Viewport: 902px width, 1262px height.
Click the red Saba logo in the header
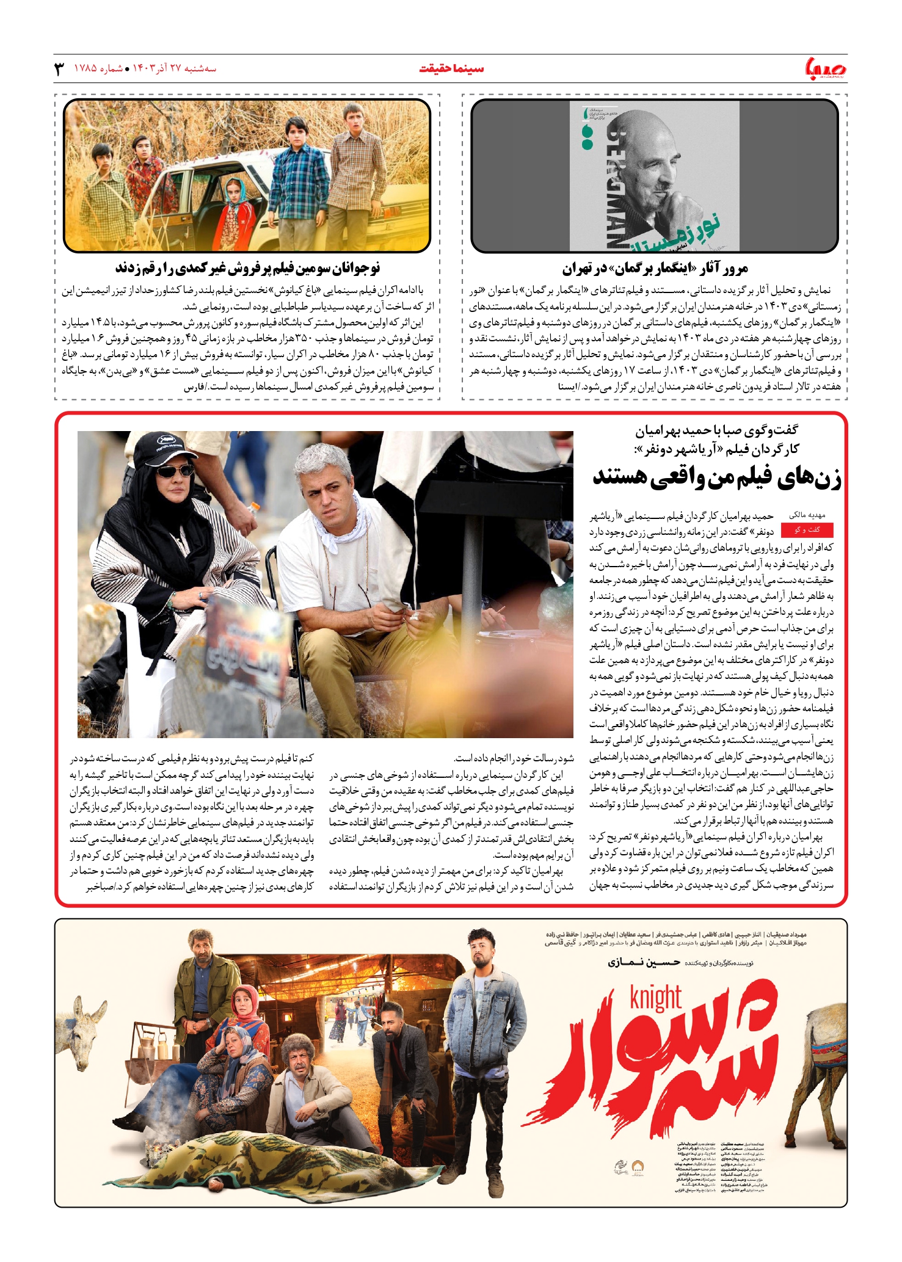point(825,68)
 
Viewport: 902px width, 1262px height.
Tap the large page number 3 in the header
point(59,68)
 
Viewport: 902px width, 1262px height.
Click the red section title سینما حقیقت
point(451,68)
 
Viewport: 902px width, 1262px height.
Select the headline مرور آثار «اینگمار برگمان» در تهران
point(655,269)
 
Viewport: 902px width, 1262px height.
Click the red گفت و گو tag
point(807,530)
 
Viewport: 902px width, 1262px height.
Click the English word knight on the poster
point(655,997)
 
